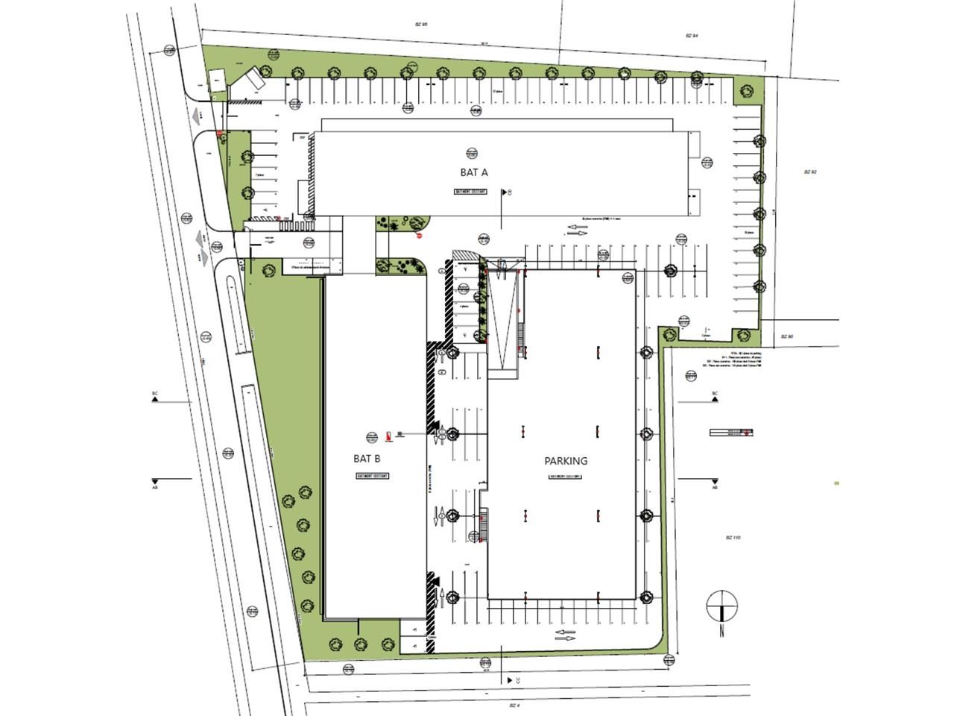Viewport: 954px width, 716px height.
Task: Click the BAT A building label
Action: pos(473,172)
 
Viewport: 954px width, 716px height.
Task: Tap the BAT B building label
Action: pos(367,459)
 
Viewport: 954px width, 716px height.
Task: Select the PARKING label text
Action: pos(566,461)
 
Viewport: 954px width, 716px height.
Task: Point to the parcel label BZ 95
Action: pos(421,25)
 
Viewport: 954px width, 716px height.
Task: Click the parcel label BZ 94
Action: pos(691,36)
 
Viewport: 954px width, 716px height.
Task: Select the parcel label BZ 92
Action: pos(810,172)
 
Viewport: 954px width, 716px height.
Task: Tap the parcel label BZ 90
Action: pos(786,336)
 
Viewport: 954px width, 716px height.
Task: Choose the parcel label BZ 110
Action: pos(733,537)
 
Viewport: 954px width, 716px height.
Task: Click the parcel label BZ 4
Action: pos(513,704)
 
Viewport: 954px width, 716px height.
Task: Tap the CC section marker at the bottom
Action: pos(511,680)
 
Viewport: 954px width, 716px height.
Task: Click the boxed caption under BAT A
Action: pos(470,192)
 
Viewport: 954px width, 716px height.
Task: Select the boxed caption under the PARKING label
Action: pos(565,477)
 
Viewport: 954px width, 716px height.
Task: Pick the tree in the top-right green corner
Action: pos(745,90)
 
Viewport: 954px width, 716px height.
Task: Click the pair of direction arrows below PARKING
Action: pos(565,635)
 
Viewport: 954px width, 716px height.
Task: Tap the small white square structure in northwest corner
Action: pos(216,81)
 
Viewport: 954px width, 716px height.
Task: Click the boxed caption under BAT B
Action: pos(373,476)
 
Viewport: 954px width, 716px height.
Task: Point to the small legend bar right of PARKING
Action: pos(731,432)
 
